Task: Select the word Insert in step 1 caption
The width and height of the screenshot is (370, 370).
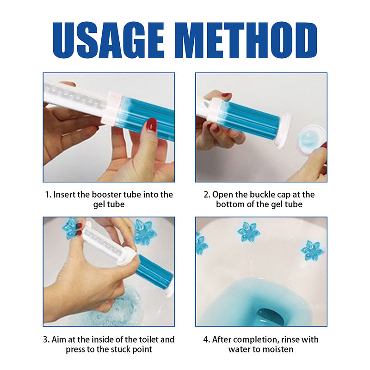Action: [66, 194]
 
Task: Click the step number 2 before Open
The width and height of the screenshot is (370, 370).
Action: [206, 194]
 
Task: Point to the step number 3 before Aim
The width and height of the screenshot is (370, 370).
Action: [46, 339]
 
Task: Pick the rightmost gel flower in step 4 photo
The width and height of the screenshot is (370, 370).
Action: [312, 251]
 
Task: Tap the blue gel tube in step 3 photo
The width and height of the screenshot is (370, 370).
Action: [153, 271]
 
